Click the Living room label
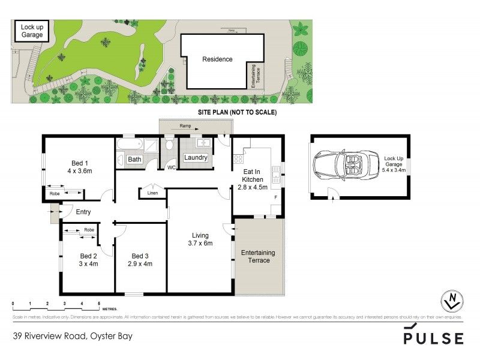tap(200, 235)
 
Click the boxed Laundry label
tap(196, 158)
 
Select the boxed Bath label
tap(134, 159)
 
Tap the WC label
tap(170, 167)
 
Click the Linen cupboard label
tap(152, 193)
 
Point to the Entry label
tap(83, 211)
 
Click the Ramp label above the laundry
tap(185, 127)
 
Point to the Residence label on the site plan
tap(217, 59)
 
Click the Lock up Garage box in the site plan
tap(32, 31)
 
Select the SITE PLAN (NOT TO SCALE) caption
tap(237, 112)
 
